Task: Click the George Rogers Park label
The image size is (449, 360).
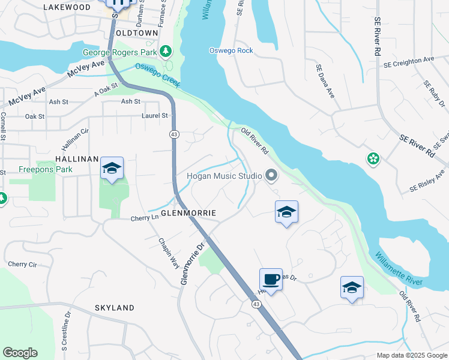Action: pos(119,52)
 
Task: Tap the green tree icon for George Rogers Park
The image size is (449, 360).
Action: pos(166,52)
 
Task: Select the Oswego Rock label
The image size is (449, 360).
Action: pos(231,50)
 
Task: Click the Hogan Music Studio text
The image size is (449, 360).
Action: pos(224,176)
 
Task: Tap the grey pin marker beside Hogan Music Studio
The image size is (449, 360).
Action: pos(271,176)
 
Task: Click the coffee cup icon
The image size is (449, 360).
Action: pos(271,280)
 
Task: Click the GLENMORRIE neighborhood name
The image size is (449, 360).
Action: pos(188,213)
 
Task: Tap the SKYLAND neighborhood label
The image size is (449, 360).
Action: pos(114,308)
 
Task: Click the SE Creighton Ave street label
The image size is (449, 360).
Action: pos(409,60)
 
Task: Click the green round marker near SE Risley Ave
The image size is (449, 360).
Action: pos(373,158)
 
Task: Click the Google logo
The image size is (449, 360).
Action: pos(20,353)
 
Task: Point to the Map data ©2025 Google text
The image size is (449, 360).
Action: pos(411,355)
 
